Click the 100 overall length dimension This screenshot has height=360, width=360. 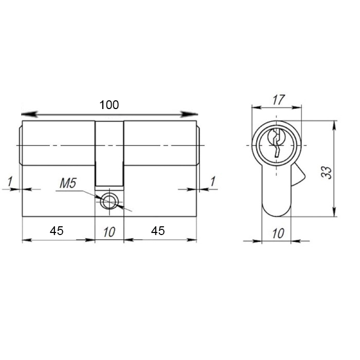109,105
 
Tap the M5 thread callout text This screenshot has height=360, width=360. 68,184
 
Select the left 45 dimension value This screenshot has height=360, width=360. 57,231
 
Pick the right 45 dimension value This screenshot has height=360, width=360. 158,231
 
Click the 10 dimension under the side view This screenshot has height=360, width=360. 109,232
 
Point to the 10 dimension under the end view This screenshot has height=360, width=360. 278,233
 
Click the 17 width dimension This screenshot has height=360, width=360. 279,100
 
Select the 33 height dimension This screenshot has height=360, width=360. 327,172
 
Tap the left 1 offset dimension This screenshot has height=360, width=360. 10,182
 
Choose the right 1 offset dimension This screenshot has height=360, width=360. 213,182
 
